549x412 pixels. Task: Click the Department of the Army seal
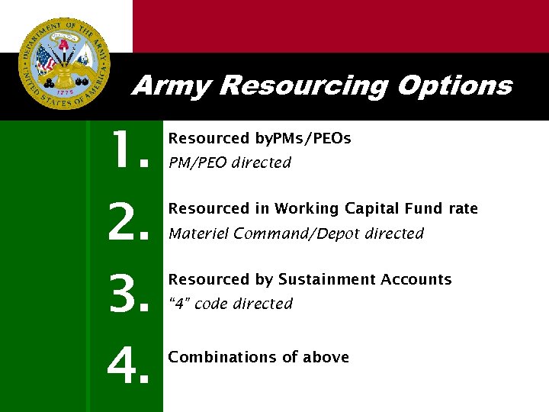tap(64, 65)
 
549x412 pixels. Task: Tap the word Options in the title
tap(454, 85)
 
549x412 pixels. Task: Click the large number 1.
tap(127, 151)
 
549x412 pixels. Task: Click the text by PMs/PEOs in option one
tap(303, 139)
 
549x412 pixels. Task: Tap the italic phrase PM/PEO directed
tap(230, 163)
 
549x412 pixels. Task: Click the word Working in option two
tap(309, 209)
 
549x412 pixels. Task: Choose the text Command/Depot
tap(297, 233)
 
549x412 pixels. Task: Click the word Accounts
tap(416, 280)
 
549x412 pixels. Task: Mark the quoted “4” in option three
tap(178, 304)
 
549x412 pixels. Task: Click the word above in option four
tap(326, 357)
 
